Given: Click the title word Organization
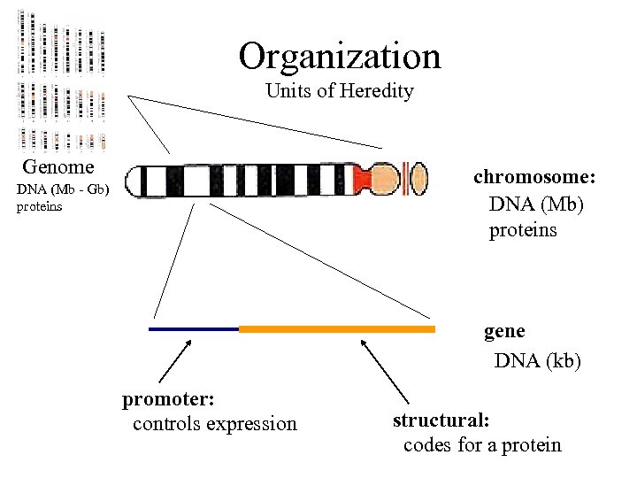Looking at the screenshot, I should coord(339,57).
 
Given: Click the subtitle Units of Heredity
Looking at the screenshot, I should coord(340,91).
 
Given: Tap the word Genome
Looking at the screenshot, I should coord(58,167).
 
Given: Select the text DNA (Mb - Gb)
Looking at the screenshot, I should coord(63,190).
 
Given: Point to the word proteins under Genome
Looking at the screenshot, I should coord(40,207).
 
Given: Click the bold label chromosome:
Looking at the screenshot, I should coord(534,177).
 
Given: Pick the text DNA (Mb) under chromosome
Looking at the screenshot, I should coord(537,204).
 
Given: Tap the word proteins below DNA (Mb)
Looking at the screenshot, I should coord(523,230).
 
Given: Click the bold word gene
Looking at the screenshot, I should coord(504,332).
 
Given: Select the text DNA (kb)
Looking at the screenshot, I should coord(537,361).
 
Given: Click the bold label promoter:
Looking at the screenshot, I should coord(170,399).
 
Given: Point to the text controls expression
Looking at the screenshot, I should coord(215,424).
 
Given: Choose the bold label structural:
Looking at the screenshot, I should coord(441,420).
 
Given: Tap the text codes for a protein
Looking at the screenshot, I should coord(482,444).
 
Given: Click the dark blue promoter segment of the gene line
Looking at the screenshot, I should coord(194,329).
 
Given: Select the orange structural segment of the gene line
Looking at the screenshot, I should coord(336,329).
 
